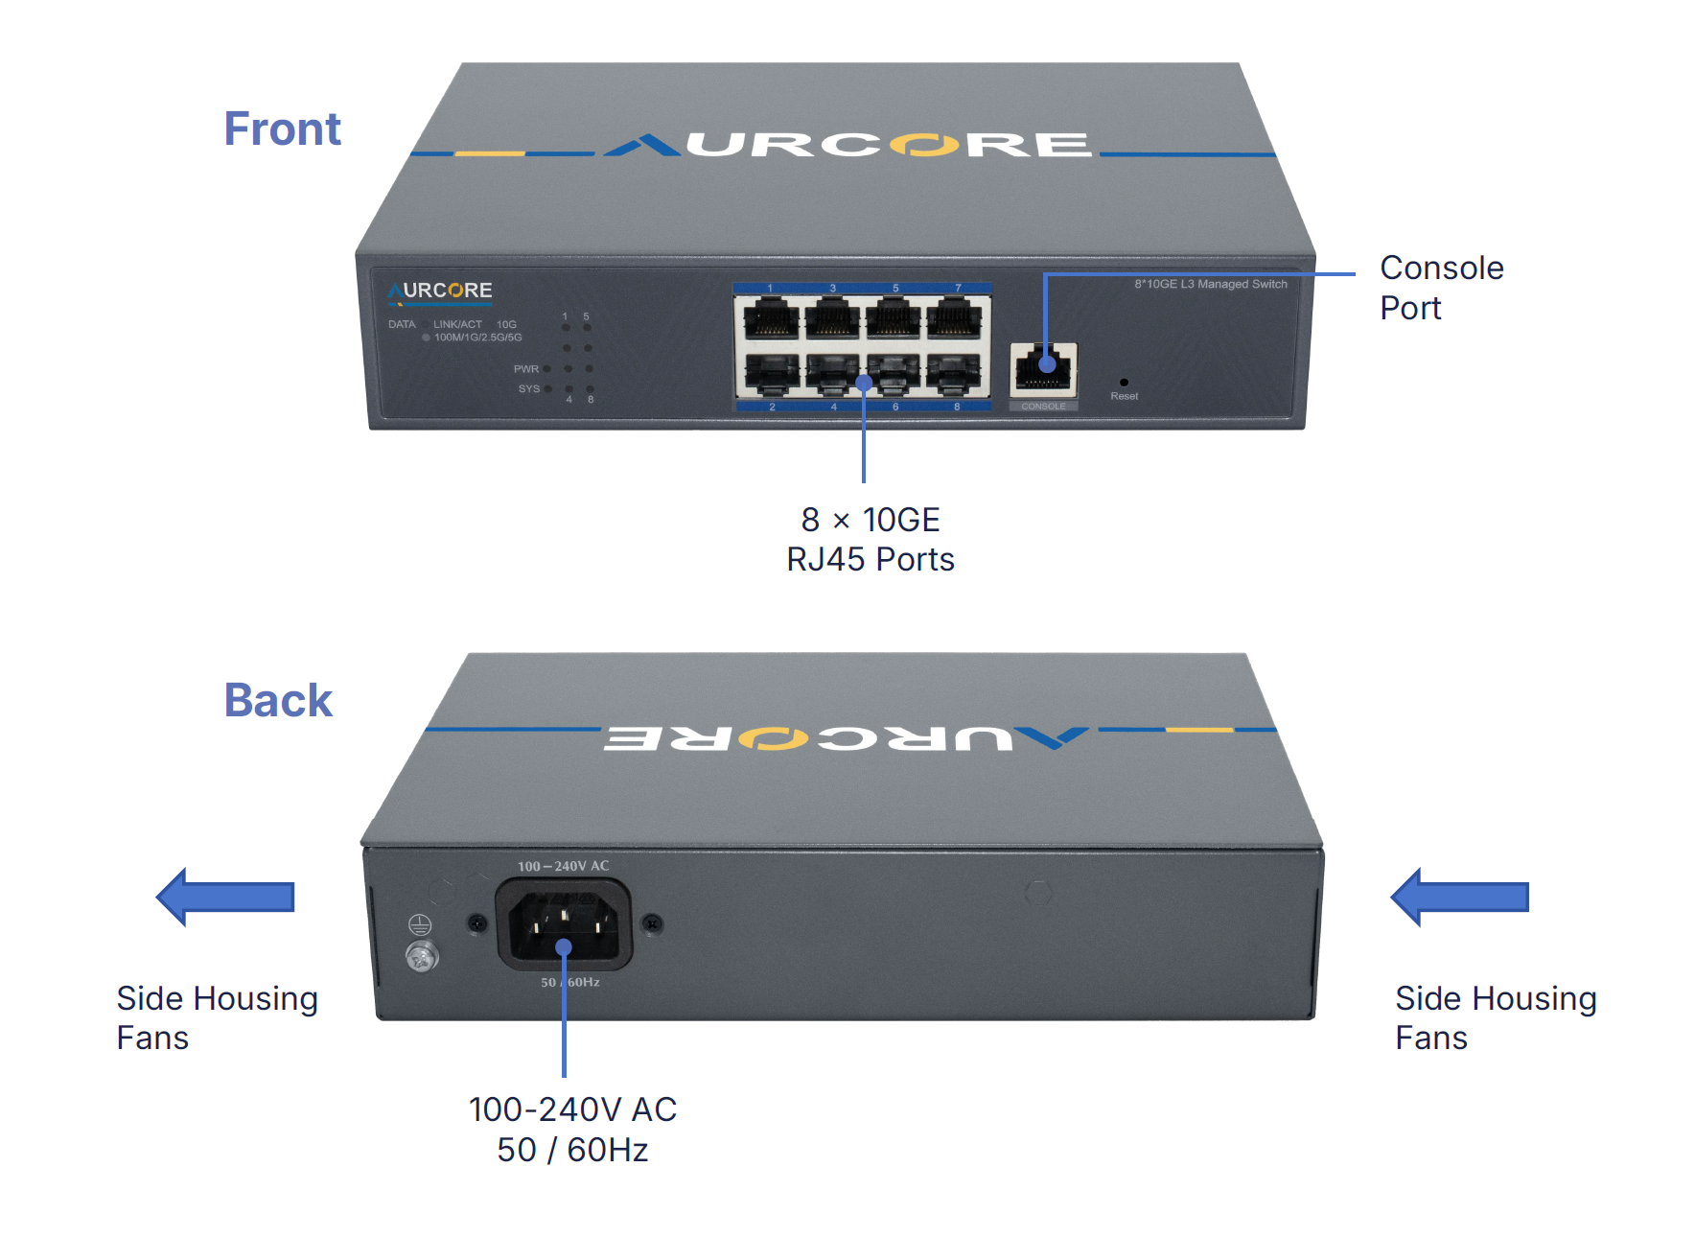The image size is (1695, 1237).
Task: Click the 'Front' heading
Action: tap(282, 128)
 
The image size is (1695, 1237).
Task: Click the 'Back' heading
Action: tap(278, 700)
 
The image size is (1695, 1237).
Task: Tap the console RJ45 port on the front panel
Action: tap(1043, 369)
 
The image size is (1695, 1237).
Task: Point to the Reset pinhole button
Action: tap(1124, 383)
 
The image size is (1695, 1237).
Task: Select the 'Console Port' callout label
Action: tap(1441, 288)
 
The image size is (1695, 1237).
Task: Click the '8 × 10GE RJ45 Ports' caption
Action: tap(871, 539)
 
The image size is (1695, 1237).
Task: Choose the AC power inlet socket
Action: tap(564, 925)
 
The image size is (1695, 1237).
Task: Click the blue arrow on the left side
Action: tap(225, 897)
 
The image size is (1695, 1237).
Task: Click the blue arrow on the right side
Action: tap(1459, 897)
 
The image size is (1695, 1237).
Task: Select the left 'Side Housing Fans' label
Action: tap(217, 1017)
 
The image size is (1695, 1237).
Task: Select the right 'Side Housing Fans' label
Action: tap(1495, 1017)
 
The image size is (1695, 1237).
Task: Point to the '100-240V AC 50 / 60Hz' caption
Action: tap(572, 1129)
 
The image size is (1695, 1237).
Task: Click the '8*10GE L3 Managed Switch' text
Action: tap(1210, 284)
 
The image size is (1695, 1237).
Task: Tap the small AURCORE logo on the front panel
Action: tap(440, 291)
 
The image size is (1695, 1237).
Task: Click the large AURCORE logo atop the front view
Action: tap(848, 145)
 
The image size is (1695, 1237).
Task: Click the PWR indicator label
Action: tap(526, 369)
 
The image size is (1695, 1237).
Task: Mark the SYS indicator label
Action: tap(529, 389)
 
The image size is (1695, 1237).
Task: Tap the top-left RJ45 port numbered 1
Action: tap(771, 317)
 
